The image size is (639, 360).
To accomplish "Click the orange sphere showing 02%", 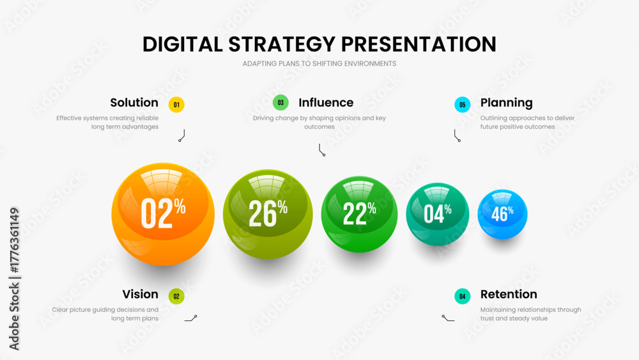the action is point(163,214).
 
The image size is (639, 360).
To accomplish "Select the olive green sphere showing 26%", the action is point(268,214).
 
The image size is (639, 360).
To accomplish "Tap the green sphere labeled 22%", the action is point(359,214).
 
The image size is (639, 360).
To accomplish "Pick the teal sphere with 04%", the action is point(437,214).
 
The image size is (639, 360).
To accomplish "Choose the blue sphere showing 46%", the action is point(502,214).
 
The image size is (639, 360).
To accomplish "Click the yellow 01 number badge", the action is point(176,105).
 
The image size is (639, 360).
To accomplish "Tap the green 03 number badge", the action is point(281,103).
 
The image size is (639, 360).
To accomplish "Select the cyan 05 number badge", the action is point(462,105).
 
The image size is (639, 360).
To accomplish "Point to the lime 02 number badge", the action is point(176,297).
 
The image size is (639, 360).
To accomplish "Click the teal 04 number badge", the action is point(462,297).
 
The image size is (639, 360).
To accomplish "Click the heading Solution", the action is point(134,103).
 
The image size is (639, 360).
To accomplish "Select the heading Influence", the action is point(326,103).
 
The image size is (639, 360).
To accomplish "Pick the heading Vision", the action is point(140,294).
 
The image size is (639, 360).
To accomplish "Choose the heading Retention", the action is point(509,294).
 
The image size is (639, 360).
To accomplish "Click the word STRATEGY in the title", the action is point(282,44).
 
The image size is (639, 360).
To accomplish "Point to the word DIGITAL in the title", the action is point(183,44).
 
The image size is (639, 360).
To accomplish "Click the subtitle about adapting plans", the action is point(319,63).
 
